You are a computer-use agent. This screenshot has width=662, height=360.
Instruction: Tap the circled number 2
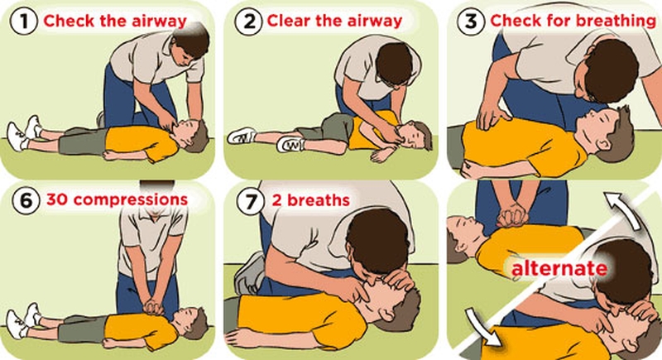point(247,21)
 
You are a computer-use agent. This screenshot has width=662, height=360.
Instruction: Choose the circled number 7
point(247,200)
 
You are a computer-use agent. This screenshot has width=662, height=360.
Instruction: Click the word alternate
point(559,269)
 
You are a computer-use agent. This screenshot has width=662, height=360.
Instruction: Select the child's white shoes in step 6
point(24,317)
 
